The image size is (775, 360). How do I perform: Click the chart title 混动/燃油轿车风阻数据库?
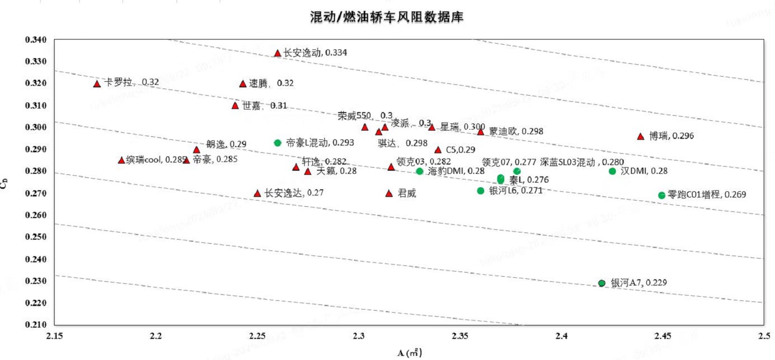386,17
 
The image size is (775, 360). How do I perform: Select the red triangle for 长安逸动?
277,53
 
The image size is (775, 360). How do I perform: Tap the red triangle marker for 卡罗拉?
97,83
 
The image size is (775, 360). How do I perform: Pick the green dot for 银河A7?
602,283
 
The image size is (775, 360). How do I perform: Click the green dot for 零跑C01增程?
662,195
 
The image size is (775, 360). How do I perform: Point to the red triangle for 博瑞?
641,136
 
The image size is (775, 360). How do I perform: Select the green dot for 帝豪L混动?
277,142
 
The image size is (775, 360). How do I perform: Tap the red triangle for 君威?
389,193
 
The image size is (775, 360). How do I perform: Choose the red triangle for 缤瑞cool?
121,160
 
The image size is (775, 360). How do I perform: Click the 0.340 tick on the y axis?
36,40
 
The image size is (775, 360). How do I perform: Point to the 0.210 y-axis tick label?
36,325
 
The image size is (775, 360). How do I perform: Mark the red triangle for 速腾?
243,83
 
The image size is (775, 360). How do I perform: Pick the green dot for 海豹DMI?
419,171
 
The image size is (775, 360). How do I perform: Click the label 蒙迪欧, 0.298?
516,132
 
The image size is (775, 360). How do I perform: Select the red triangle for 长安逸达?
257,193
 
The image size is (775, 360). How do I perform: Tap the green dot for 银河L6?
481,191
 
